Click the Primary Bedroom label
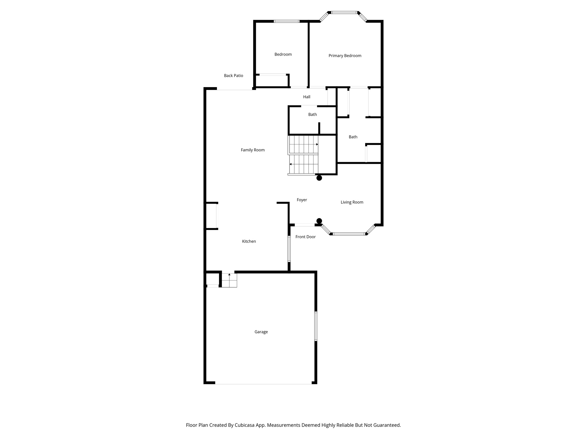(345, 56)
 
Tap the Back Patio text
(233, 76)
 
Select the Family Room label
(253, 150)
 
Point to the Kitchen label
(249, 241)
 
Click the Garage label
(261, 332)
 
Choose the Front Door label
(305, 237)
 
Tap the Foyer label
(302, 200)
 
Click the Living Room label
(352, 202)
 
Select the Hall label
(307, 97)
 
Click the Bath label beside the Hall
(312, 114)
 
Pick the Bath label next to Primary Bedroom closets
(353, 137)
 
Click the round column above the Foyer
(319, 178)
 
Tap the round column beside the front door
(319, 221)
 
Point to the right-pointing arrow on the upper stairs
(317, 144)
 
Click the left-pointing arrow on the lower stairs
(291, 164)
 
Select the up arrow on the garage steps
(229, 275)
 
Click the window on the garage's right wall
(316, 326)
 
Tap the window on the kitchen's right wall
(289, 249)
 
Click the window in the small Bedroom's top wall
(286, 21)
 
